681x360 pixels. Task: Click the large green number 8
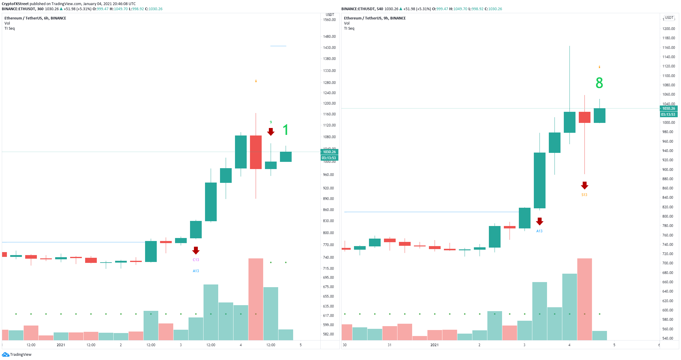tap(599, 83)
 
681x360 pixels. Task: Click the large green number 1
tap(286, 130)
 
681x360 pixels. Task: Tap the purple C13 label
tap(196, 260)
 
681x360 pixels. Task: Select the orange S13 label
tap(584, 195)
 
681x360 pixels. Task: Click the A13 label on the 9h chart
tap(539, 231)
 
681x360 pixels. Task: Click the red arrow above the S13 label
tap(584, 185)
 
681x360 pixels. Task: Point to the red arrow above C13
tap(196, 250)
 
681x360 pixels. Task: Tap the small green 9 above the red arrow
tap(271, 122)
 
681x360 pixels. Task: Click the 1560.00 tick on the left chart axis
tap(329, 20)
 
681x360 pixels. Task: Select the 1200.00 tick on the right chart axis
tap(669, 29)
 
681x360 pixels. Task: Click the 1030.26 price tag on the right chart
tap(669, 109)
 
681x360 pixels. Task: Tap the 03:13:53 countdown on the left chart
tap(329, 158)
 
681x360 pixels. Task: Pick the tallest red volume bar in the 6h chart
tap(256, 299)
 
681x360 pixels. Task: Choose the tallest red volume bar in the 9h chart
tap(584, 299)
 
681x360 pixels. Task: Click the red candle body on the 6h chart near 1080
tap(256, 152)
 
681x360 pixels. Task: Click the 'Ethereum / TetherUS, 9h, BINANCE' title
tap(375, 18)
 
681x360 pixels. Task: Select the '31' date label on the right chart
tap(389, 345)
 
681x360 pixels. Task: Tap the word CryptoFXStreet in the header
tap(15, 4)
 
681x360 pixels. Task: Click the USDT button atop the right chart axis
tap(669, 18)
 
